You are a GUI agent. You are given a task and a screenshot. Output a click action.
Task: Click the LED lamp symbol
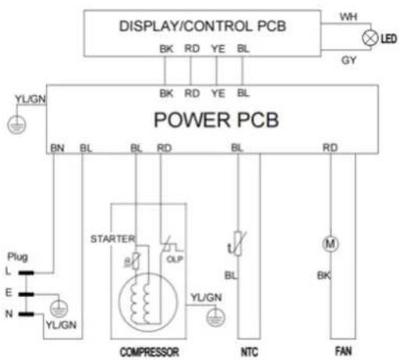(x=370, y=38)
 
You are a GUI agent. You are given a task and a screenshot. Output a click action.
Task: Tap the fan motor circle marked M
(x=330, y=244)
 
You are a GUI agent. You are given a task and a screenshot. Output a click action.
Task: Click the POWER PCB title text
(x=217, y=120)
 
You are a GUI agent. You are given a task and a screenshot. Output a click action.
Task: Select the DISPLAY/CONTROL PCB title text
(x=203, y=26)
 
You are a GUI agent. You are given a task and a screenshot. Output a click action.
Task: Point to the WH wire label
(x=348, y=17)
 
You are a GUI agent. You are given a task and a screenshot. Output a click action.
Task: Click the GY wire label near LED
(x=348, y=60)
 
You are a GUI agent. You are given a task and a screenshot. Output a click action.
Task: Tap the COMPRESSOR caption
(x=150, y=352)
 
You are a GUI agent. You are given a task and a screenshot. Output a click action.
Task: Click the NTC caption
(x=249, y=352)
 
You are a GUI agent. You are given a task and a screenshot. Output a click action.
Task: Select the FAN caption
(x=343, y=351)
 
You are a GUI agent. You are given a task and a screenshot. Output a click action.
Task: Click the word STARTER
(x=113, y=239)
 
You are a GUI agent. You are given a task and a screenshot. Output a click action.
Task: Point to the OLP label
(x=175, y=259)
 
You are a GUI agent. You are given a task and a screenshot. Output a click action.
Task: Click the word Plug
(x=18, y=257)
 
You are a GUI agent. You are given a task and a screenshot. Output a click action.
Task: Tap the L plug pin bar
(x=26, y=273)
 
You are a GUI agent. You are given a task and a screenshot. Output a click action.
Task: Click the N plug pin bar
(x=26, y=314)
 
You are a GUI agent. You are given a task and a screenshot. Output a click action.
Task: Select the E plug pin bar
(x=26, y=294)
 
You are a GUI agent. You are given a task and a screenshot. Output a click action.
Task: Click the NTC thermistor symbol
(x=238, y=243)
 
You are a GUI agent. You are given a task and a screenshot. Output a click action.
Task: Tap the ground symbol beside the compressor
(x=216, y=317)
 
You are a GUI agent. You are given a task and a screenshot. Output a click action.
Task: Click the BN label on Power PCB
(x=57, y=148)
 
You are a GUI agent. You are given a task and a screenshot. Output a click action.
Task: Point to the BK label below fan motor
(x=323, y=275)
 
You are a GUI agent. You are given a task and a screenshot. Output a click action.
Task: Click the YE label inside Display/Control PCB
(x=218, y=49)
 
